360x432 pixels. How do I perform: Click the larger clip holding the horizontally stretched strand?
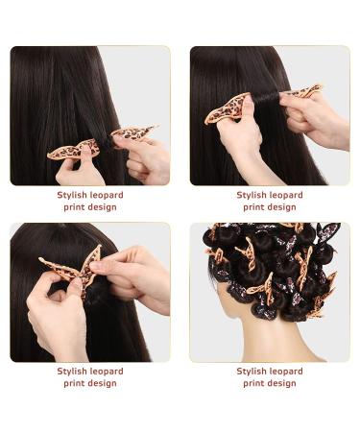click(x=227, y=106)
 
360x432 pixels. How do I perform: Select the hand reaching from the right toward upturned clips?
click(x=134, y=278)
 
